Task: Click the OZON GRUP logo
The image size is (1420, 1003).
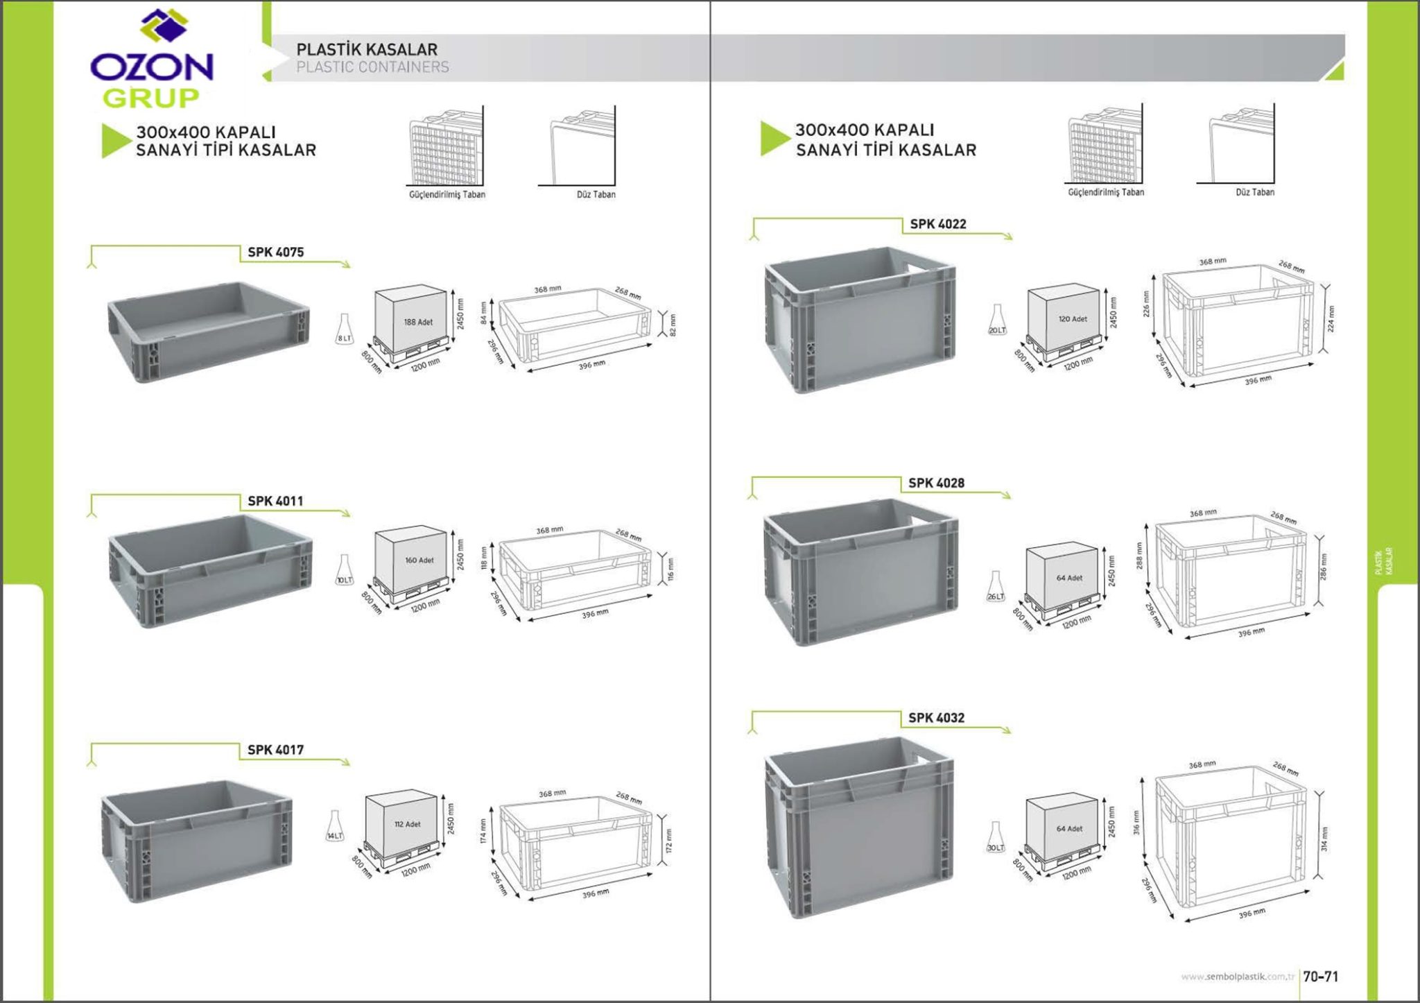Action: [x=151, y=61]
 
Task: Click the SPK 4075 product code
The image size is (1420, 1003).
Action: [x=275, y=252]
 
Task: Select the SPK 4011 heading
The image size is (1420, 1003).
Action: [x=275, y=501]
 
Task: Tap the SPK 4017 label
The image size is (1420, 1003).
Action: [x=275, y=750]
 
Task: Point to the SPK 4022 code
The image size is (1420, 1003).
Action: [x=937, y=224]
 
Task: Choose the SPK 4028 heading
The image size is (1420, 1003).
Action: [x=936, y=483]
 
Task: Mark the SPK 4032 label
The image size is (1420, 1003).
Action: [x=936, y=718]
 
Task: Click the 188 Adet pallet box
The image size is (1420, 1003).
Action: [x=413, y=319]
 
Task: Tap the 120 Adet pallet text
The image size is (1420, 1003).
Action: [x=1073, y=319]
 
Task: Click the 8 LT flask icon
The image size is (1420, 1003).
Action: [x=345, y=329]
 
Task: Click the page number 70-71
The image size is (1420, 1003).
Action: [x=1320, y=977]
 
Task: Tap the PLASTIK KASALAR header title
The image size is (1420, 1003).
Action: [x=367, y=50]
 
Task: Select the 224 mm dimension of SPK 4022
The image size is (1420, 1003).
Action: [x=1331, y=319]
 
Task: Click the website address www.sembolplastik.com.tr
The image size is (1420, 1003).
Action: [x=1238, y=977]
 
